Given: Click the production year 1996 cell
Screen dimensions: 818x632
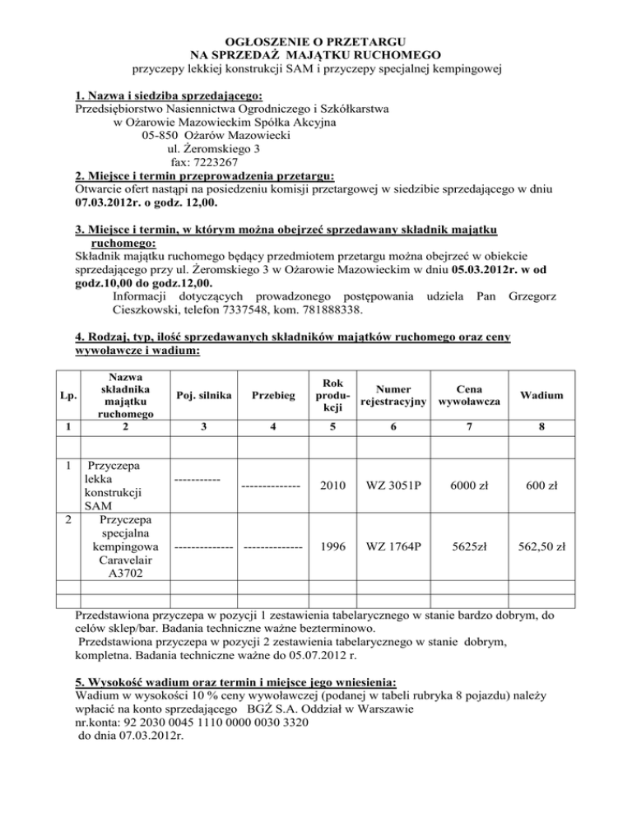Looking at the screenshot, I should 334,545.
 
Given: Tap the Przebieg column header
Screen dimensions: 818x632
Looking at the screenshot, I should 272,396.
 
